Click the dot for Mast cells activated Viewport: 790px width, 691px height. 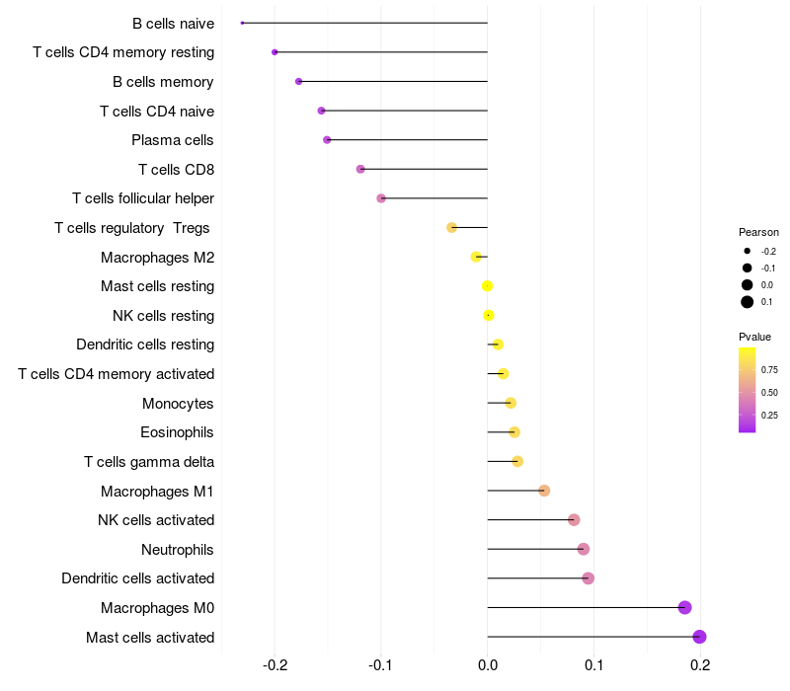(x=700, y=637)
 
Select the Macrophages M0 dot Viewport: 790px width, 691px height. (x=684, y=608)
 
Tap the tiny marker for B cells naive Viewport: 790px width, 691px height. (x=242, y=23)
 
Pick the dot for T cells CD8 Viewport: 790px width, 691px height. (x=360, y=169)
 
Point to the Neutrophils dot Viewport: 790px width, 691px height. (x=584, y=549)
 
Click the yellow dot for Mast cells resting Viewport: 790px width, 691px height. (x=487, y=286)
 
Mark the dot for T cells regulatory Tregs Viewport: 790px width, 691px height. (x=452, y=228)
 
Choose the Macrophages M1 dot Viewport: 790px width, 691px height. (x=544, y=491)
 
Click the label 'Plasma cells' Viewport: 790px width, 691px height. (x=173, y=140)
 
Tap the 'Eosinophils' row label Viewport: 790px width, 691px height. (x=178, y=432)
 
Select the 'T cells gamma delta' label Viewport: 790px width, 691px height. (x=149, y=462)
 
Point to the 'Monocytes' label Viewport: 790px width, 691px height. (x=178, y=404)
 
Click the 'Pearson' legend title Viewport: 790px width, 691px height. (x=758, y=232)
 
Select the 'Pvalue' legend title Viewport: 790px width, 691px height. (x=754, y=337)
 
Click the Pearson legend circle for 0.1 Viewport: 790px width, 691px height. (x=748, y=302)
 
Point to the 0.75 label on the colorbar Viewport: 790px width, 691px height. (x=769, y=370)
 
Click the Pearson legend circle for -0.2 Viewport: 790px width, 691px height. (x=748, y=252)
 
